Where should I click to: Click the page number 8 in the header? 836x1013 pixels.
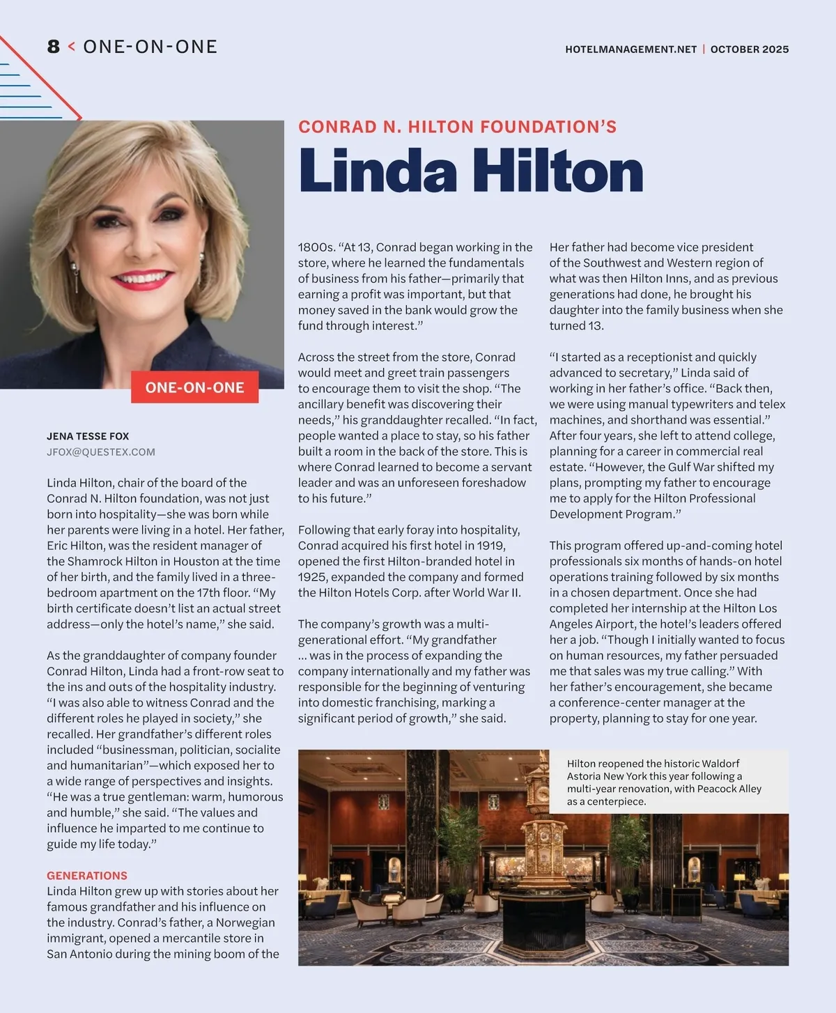pyautogui.click(x=54, y=47)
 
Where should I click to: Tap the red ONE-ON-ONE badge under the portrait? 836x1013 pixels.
pyautogui.click(x=194, y=387)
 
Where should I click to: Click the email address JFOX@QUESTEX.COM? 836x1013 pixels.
pyautogui.click(x=101, y=451)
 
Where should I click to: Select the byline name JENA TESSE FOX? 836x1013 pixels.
pyautogui.click(x=88, y=436)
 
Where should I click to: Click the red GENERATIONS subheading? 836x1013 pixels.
pyautogui.click(x=87, y=875)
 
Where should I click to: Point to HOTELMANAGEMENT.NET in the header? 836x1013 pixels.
pyautogui.click(x=630, y=49)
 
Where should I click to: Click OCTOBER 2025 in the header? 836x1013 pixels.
pyautogui.click(x=750, y=49)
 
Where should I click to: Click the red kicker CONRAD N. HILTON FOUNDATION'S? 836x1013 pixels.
pyautogui.click(x=457, y=127)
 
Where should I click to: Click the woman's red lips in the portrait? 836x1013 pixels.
pyautogui.click(x=143, y=280)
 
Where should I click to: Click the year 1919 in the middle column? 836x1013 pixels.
pyautogui.click(x=490, y=546)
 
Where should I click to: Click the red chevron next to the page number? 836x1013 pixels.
pyautogui.click(x=71, y=47)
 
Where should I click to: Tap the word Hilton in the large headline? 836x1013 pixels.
pyautogui.click(x=557, y=171)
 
